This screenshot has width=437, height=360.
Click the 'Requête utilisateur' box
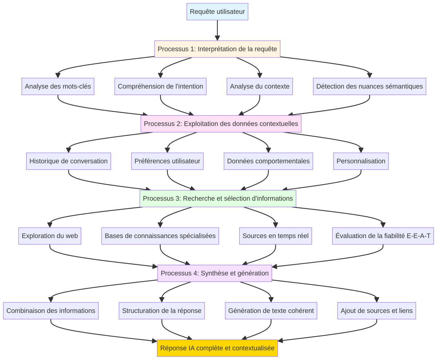coord(217,12)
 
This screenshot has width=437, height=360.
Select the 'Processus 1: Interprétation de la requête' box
coord(217,49)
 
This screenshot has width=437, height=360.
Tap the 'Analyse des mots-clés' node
coord(58,86)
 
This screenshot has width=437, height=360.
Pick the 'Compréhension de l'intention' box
coord(160,86)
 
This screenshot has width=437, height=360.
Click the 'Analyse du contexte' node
coord(260,86)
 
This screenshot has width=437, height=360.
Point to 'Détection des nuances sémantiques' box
coord(369,86)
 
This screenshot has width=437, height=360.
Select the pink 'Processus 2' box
coord(221,124)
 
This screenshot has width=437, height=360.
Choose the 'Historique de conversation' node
coord(68,161)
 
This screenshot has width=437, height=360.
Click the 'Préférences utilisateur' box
coord(167,161)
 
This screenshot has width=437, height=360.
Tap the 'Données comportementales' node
coord(268,161)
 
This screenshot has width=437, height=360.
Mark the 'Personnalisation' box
coord(361,161)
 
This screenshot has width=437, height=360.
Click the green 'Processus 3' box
coord(218,198)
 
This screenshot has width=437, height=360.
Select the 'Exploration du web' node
coord(50,236)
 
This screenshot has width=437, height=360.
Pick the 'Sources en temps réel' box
coord(275,236)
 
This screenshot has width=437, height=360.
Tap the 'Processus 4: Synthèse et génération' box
coord(214,273)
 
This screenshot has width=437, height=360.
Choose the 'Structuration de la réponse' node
coord(162,310)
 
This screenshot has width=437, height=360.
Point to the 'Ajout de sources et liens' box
coord(377,310)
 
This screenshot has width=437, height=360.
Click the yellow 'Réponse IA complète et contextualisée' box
coord(217,348)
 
